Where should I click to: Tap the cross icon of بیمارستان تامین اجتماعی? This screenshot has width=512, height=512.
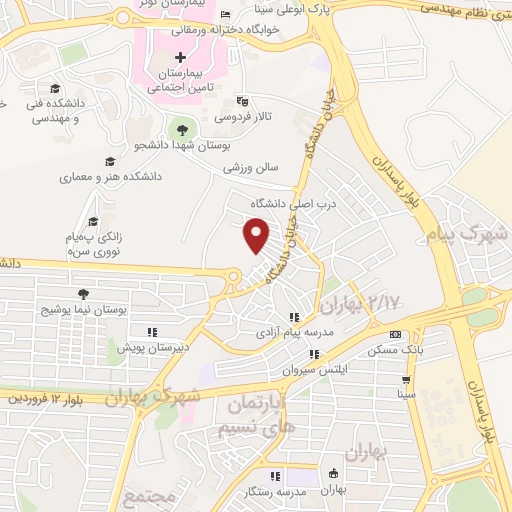coord(180,57)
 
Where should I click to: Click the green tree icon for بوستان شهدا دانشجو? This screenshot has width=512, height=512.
coord(181,128)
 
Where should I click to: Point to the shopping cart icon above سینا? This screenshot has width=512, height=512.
coord(406,380)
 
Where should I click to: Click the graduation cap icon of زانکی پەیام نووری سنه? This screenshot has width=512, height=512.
coord(93,222)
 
